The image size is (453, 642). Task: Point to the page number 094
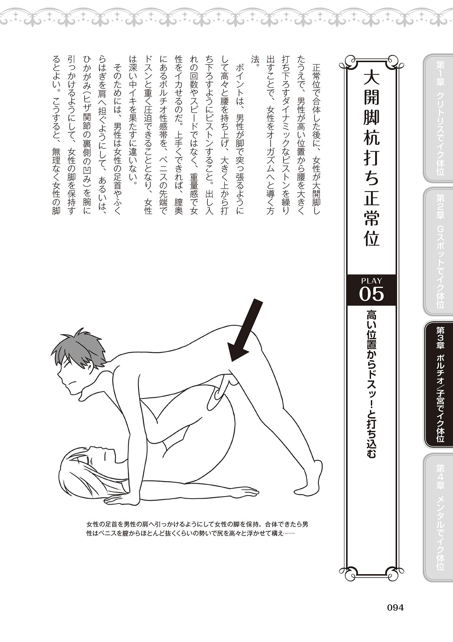[392, 607]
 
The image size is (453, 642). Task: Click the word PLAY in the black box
[371, 280]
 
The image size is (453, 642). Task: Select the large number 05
[371, 294]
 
